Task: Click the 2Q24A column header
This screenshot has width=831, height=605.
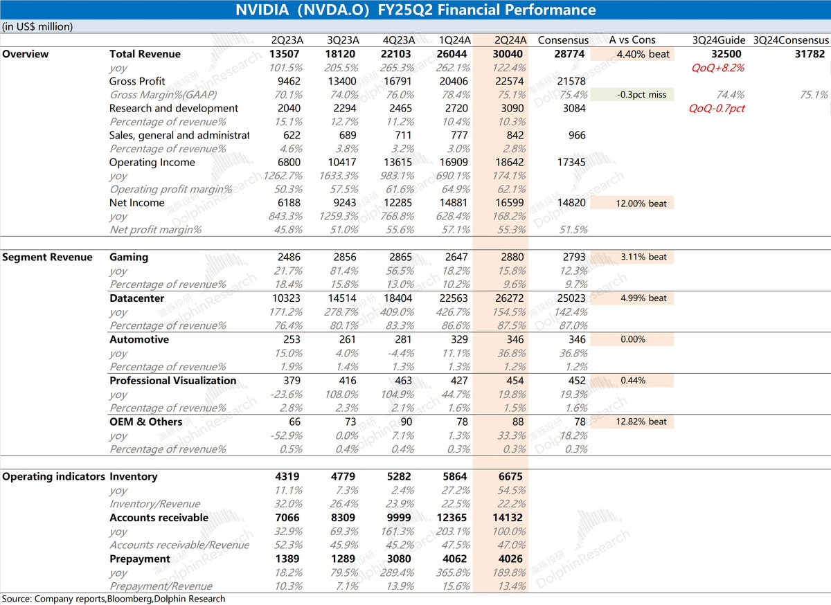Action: click(x=510, y=40)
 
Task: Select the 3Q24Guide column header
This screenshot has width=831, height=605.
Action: click(x=719, y=40)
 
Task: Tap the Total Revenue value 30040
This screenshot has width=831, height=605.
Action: click(x=508, y=54)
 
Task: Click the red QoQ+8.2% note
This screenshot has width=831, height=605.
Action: click(x=718, y=68)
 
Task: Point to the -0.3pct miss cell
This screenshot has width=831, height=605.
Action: click(x=641, y=95)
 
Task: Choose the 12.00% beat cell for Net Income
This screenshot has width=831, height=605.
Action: click(x=641, y=204)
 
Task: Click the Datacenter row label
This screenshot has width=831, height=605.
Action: click(x=136, y=298)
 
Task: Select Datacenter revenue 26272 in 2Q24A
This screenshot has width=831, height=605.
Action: click(x=510, y=298)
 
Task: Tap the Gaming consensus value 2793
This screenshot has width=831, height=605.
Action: click(x=574, y=257)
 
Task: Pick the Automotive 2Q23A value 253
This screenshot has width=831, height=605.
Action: click(x=292, y=339)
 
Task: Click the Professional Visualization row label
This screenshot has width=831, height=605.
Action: click(x=172, y=381)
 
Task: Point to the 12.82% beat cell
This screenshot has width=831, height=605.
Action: click(x=641, y=422)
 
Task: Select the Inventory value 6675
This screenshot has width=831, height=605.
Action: click(x=510, y=476)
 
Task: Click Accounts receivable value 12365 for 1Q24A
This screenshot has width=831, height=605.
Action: click(x=452, y=518)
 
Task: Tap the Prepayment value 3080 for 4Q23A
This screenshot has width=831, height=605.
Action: click(x=399, y=559)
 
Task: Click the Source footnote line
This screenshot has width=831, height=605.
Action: click(x=114, y=598)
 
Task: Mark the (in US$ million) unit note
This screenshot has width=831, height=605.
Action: click(x=37, y=27)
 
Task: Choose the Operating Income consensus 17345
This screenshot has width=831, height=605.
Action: click(x=571, y=162)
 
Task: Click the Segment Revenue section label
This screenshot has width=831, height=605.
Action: click(x=47, y=257)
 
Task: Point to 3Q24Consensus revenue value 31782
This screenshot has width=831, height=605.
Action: click(x=810, y=54)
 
